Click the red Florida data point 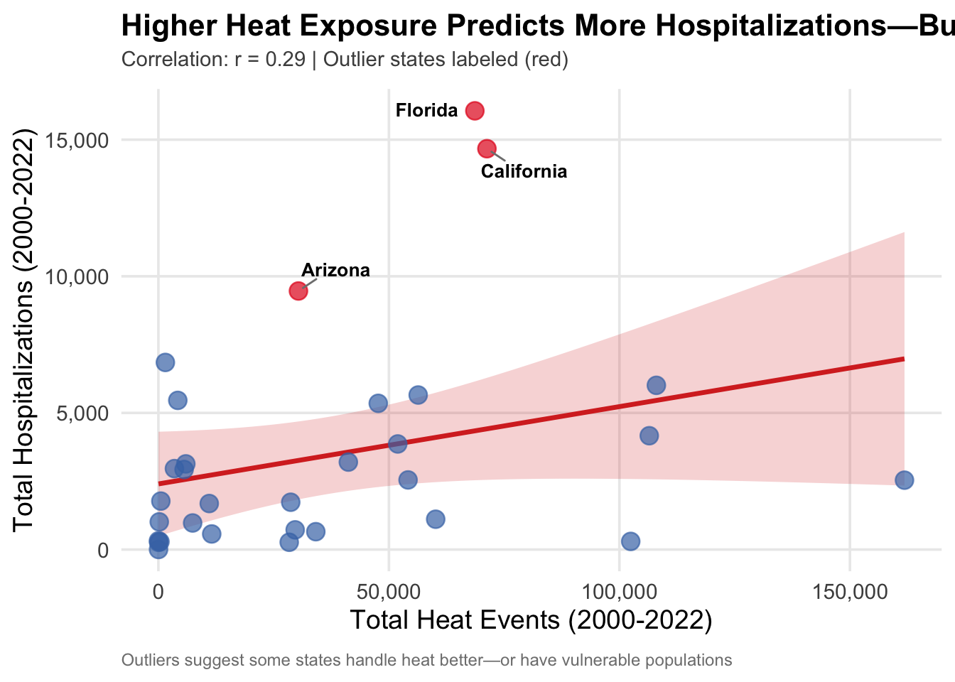coord(475,110)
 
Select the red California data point coord(487,148)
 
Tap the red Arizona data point coord(298,291)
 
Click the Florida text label coord(426,111)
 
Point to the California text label coord(524,171)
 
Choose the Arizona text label coord(335,270)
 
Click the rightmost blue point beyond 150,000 coord(904,480)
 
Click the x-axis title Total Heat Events coord(531,620)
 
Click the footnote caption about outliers coord(426,661)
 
